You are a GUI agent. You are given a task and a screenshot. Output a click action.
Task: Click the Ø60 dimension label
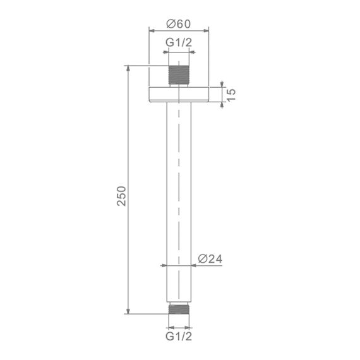pyautogui.click(x=179, y=24)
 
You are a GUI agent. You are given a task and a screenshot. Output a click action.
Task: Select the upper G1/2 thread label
pyautogui.click(x=179, y=42)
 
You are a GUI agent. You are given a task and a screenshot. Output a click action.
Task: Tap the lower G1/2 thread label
pyautogui.click(x=179, y=337)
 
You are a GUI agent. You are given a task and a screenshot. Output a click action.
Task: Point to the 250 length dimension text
pyautogui.click(x=121, y=196)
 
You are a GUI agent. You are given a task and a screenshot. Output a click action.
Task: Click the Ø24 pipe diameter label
pyautogui.click(x=210, y=259)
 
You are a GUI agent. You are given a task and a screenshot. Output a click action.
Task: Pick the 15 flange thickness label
pyautogui.click(x=231, y=94)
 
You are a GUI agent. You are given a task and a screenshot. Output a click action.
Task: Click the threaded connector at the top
pyautogui.click(x=179, y=75)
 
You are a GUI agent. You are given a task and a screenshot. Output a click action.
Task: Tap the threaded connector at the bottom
pyautogui.click(x=179, y=309)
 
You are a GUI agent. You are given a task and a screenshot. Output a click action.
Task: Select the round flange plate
pyautogui.click(x=179, y=94)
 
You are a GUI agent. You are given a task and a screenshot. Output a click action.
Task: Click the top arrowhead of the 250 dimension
pyautogui.click(x=128, y=68)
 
